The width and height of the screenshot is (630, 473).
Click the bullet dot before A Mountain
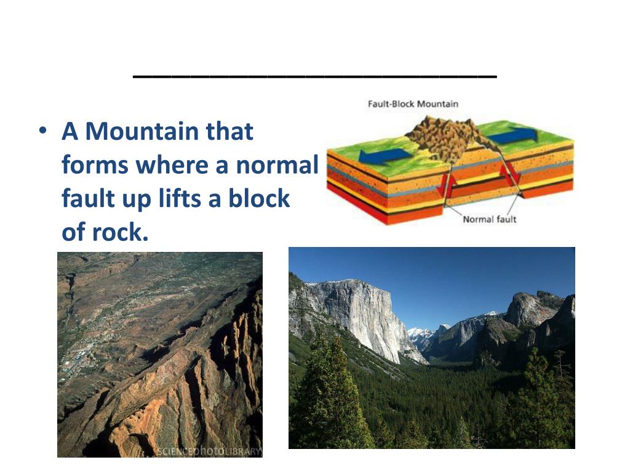click(42, 132)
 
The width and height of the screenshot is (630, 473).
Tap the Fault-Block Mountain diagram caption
click(413, 104)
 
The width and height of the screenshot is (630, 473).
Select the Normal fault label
click(489, 219)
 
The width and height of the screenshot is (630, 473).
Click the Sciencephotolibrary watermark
click(209, 451)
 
